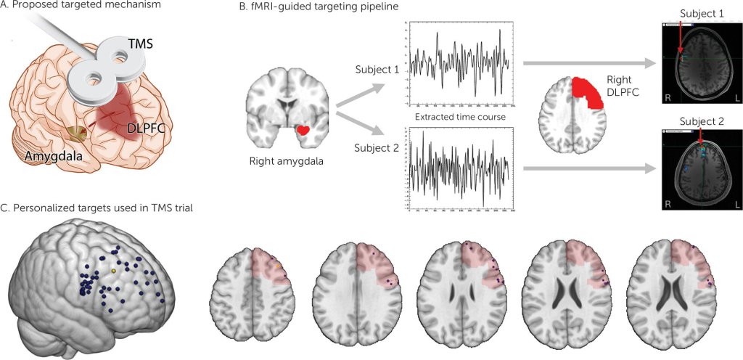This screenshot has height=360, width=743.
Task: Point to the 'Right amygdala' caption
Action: coord(287,161)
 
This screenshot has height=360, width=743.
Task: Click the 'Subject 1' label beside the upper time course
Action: coord(376,70)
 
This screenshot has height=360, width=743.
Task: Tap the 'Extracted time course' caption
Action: coord(455,116)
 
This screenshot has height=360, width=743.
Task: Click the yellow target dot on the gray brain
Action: coord(113,270)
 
